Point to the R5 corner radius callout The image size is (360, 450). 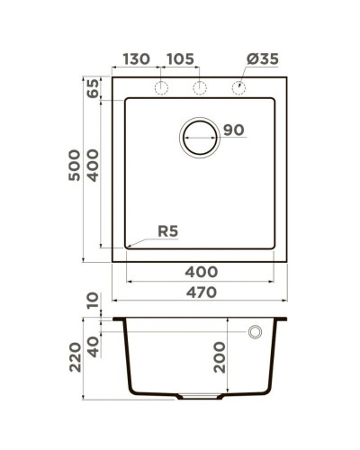pos(167,231)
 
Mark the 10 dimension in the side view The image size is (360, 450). pos(92,300)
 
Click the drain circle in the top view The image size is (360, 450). pos(200,138)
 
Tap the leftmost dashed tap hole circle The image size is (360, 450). pos(162,87)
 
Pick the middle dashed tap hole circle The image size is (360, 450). pos(200,87)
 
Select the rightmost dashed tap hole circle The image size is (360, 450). pos(239,87)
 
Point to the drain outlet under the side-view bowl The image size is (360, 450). pos(199,396)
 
